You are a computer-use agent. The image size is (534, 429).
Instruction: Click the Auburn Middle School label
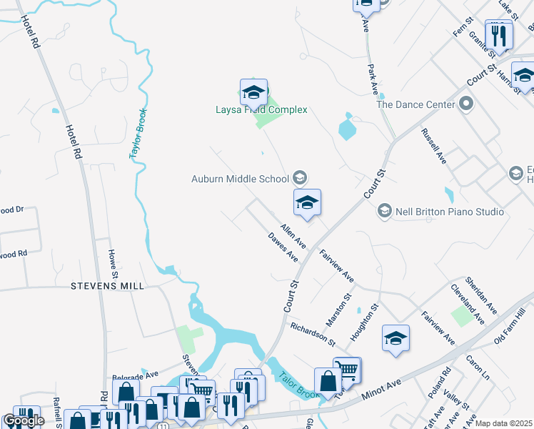[x=239, y=179]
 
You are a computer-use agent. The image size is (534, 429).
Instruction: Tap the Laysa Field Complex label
[x=261, y=109]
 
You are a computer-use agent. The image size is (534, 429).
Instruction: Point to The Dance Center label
[x=415, y=104]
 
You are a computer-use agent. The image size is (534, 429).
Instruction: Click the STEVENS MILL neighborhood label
[x=107, y=286]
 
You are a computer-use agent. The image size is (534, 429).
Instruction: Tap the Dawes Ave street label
[x=283, y=247]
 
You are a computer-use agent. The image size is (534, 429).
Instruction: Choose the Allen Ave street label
[x=293, y=236]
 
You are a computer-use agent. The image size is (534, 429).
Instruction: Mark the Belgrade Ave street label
[x=135, y=375]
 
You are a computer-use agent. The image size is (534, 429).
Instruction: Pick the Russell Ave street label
[x=433, y=146]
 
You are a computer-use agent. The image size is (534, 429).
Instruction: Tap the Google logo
[x=24, y=420]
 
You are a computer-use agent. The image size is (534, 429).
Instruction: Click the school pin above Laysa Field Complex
[x=253, y=93]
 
